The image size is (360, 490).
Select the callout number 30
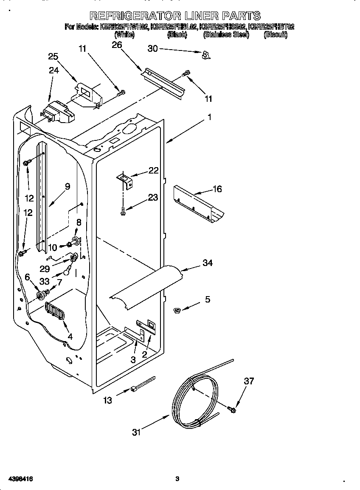point(152,49)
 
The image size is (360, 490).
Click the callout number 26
point(117,45)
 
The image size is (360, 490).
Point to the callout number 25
point(53,56)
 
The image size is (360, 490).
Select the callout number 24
point(53,70)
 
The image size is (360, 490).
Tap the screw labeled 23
point(122,210)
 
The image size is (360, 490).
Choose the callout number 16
point(217,189)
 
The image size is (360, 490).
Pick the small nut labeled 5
point(177,311)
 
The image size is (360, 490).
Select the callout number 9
point(67,186)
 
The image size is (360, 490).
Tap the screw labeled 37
point(232,409)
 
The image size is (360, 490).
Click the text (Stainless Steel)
point(226,35)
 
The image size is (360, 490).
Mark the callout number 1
point(209,117)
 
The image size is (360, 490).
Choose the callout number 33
point(44,281)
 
